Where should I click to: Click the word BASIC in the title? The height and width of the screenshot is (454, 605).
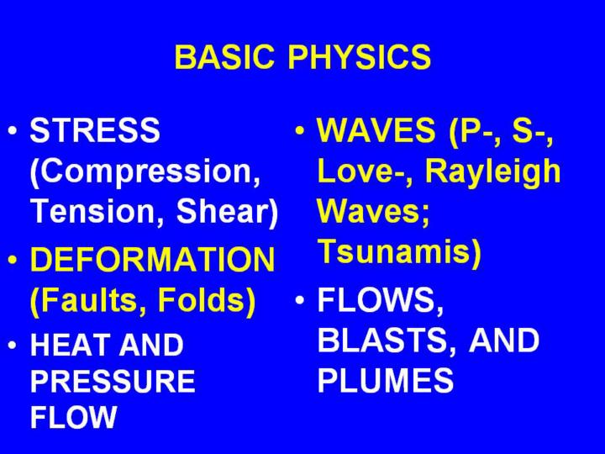coord(225,57)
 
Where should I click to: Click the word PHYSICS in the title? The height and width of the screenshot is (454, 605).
coord(360,57)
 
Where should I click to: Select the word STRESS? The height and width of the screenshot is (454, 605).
coord(95,129)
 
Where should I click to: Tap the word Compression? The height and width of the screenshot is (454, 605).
coord(145,172)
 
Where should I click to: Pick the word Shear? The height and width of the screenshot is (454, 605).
coord(227,212)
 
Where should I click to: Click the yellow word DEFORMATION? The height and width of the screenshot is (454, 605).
coord(152,259)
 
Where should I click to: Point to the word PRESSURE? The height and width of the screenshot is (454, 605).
coord(113,381)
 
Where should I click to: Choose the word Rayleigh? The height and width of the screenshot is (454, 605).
coord(492,172)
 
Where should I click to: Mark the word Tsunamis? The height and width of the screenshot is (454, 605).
coord(399,251)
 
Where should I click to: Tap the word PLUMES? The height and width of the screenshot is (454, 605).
coord(386,380)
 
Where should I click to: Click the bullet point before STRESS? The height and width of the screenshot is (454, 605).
coord(13,130)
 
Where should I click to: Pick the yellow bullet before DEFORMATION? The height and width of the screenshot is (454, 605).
coord(13,260)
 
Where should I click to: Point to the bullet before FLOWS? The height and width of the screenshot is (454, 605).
coord(299,299)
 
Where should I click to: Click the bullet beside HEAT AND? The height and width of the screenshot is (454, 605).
coord(13,345)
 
